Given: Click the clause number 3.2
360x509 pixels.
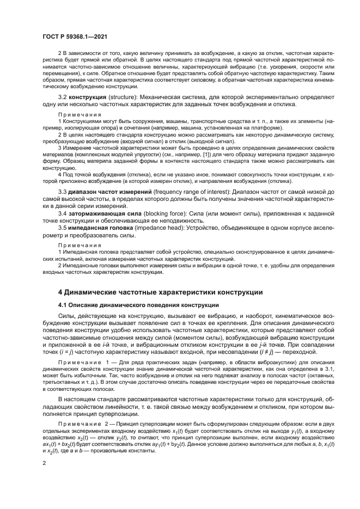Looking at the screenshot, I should pyautogui.click(x=62, y=96).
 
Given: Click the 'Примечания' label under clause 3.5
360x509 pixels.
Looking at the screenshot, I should pyautogui.click(x=80, y=246).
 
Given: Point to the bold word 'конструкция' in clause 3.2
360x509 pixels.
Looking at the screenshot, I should pyautogui.click(x=89, y=96).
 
